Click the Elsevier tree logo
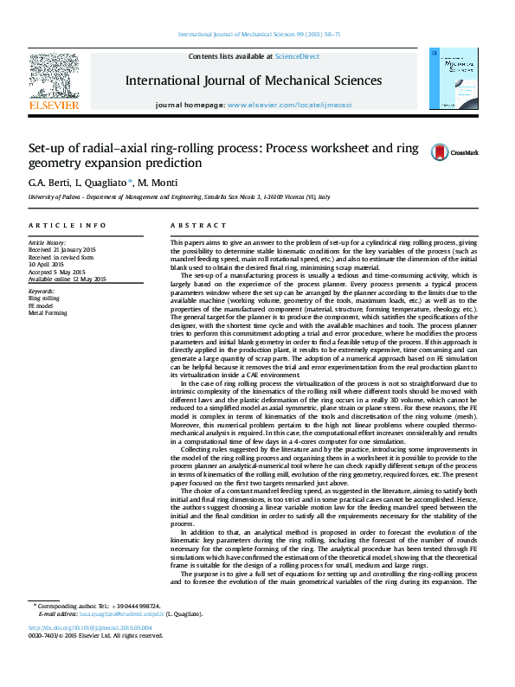pyautogui.click(x=54, y=78)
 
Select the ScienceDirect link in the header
pyautogui.click(x=297, y=56)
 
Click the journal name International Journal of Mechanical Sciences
pyautogui.click(x=254, y=80)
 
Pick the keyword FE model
pyautogui.click(x=41, y=305)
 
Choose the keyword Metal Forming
pyautogui.click(x=47, y=313)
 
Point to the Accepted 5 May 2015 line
pyautogui.click(x=61, y=273)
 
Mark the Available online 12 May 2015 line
pyautogui.click(x=68, y=279)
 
